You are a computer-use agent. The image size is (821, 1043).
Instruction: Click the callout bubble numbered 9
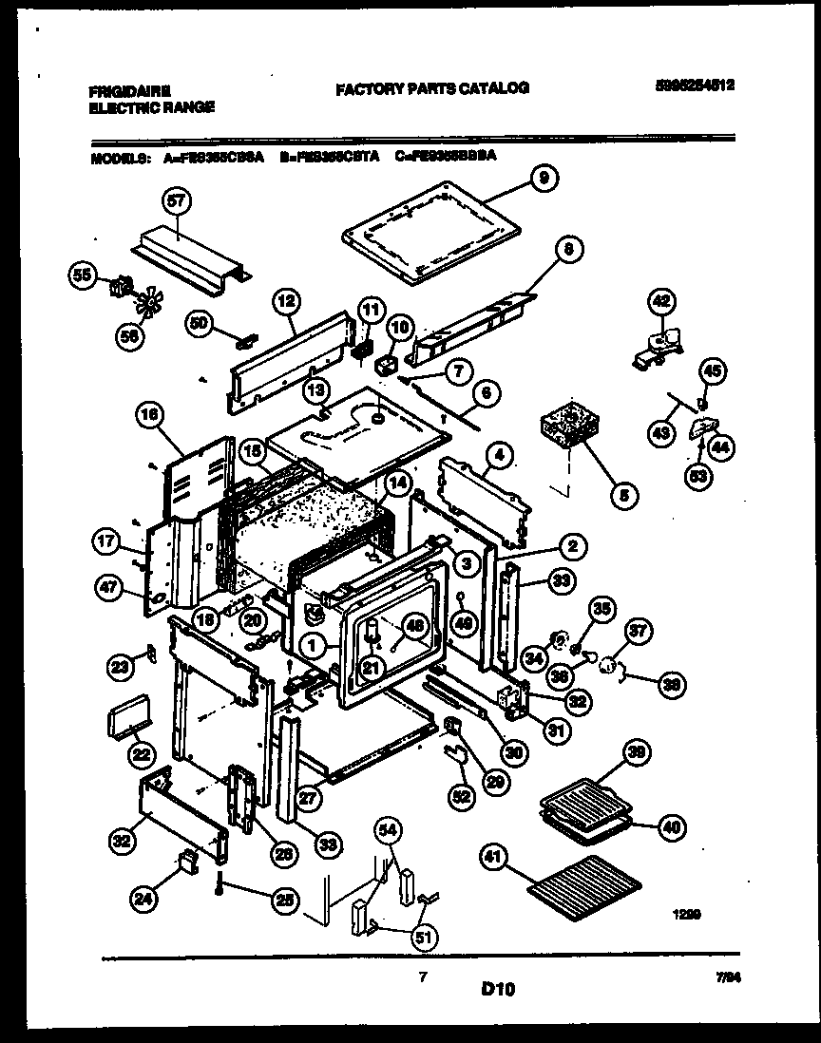point(544,178)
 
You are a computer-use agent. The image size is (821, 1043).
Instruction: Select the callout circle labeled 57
point(177,201)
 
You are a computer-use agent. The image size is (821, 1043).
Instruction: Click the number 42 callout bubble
point(659,303)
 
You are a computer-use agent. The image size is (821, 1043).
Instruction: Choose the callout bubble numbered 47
point(109,590)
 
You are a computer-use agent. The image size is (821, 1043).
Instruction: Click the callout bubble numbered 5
point(623,493)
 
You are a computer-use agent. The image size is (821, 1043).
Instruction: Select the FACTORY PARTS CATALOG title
point(431,87)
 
